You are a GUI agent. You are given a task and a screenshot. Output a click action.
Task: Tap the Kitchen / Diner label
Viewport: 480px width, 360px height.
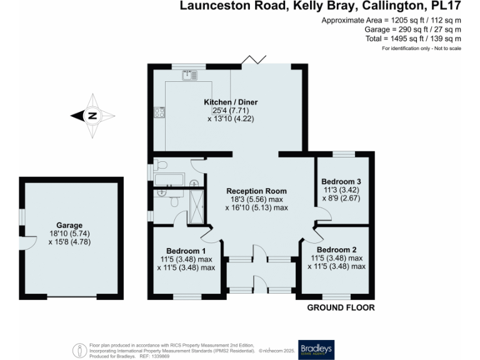click(x=231, y=102)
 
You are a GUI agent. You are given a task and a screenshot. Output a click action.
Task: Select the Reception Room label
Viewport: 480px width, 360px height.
click(x=256, y=191)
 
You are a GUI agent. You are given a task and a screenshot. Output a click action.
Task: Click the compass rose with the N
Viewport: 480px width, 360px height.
click(x=92, y=116)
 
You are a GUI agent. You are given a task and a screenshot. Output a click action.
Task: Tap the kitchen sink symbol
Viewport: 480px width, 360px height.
click(x=189, y=76)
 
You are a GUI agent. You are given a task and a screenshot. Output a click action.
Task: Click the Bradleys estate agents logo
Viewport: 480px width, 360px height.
click(x=316, y=348)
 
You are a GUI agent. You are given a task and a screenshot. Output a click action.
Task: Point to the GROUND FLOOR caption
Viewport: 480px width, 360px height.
click(x=341, y=307)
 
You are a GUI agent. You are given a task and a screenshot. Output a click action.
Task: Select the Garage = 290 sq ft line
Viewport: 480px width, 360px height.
click(x=413, y=29)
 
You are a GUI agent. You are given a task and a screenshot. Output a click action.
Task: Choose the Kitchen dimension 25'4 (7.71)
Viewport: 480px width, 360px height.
click(x=231, y=111)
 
